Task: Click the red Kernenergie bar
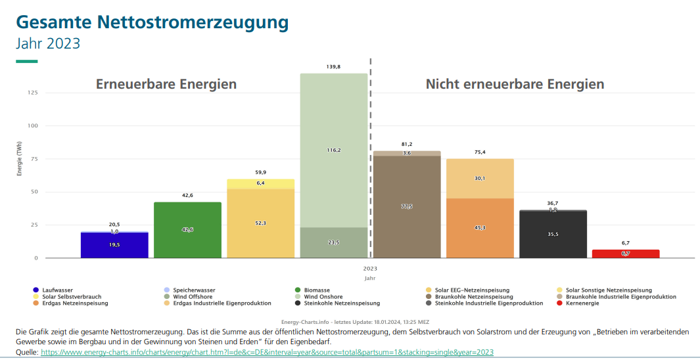click(x=625, y=254)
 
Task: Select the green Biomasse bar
click(x=187, y=230)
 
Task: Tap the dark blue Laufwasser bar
click(x=114, y=245)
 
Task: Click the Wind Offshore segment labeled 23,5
click(x=333, y=242)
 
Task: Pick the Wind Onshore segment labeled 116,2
click(x=333, y=150)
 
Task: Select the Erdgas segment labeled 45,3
click(x=480, y=228)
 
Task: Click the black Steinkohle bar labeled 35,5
click(x=553, y=235)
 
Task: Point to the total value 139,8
click(x=333, y=67)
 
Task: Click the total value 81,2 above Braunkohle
click(x=407, y=144)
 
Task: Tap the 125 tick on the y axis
click(x=32, y=93)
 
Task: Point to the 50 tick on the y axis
click(x=34, y=192)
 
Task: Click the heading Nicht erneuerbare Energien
click(x=515, y=84)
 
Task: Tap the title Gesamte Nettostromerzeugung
click(x=152, y=22)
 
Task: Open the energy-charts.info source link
click(x=267, y=353)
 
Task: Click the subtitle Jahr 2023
click(x=48, y=43)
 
